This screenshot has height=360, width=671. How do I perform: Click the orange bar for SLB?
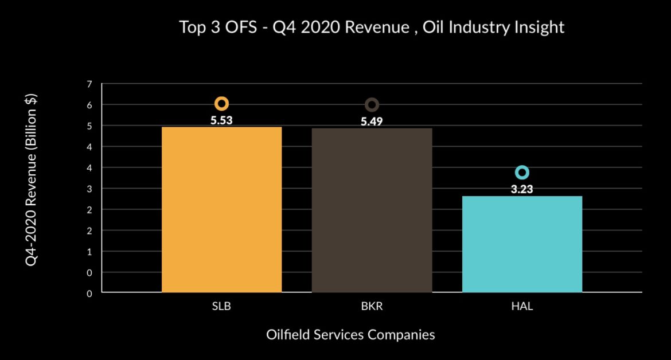[221, 209]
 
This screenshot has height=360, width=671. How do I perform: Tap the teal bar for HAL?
[522, 244]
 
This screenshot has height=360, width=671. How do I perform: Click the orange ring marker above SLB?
[221, 104]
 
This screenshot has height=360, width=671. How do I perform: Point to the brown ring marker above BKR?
[372, 105]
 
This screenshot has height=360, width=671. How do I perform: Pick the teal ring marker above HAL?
[522, 173]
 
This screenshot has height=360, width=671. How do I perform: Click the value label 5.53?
[221, 121]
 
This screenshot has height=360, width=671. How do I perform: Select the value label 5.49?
[372, 122]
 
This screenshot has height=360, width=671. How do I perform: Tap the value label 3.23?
[522, 189]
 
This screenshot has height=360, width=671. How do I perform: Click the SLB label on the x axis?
[221, 307]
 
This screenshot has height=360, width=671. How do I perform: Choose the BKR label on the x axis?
[372, 307]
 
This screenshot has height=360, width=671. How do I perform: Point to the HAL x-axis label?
[522, 307]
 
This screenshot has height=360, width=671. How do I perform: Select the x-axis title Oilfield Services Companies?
[350, 335]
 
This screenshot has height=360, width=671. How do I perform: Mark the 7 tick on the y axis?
[89, 84]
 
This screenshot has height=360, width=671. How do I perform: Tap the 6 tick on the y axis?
[89, 105]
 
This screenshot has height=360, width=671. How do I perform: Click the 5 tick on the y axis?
[89, 126]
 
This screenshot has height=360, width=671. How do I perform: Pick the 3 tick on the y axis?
[89, 189]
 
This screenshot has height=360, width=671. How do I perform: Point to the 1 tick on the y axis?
[89, 252]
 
